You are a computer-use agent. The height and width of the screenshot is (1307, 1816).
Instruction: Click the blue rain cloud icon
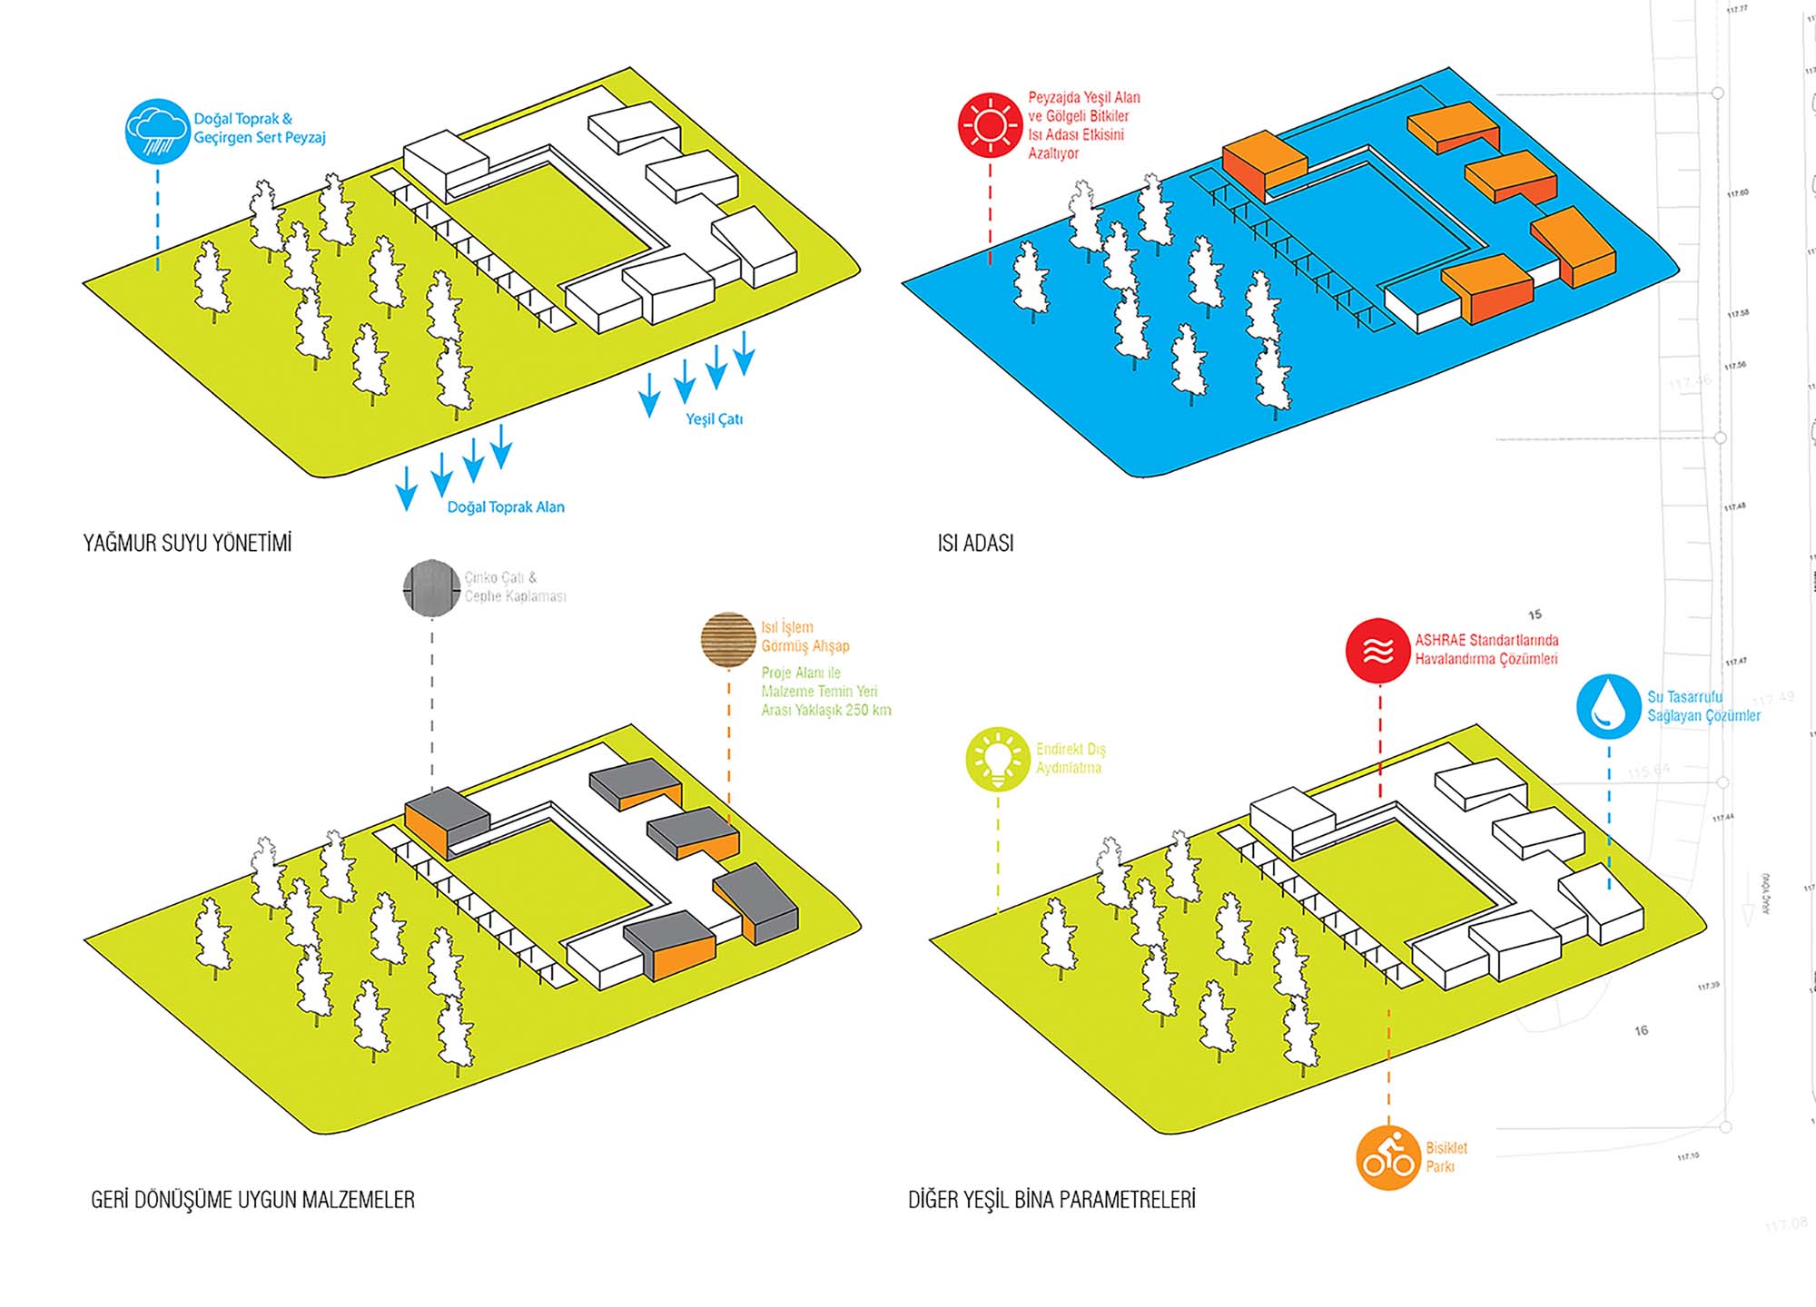(157, 131)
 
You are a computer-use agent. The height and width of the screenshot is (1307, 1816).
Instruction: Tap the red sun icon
(990, 125)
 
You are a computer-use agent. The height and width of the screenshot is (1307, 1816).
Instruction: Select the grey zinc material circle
(431, 588)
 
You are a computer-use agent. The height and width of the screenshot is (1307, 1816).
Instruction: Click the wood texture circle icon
(728, 639)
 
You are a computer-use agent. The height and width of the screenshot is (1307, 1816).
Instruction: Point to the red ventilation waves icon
(1377, 650)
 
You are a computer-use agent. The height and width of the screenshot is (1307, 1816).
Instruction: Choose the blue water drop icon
(1608, 705)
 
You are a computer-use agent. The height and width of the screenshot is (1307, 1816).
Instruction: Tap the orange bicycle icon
(1387, 1158)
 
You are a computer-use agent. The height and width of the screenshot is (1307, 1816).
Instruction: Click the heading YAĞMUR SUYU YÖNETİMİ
(187, 543)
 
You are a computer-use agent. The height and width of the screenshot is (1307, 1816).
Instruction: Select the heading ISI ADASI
(975, 543)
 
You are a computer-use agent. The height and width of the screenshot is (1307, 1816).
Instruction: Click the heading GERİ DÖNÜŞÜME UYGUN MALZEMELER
(252, 1200)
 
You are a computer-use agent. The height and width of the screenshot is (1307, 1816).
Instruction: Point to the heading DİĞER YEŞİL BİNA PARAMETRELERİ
(1051, 1200)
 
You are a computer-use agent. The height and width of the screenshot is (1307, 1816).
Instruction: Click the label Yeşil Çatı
(714, 419)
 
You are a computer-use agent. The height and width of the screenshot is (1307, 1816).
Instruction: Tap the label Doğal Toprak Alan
(506, 507)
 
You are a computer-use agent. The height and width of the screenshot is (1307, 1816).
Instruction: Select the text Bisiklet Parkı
(1446, 1157)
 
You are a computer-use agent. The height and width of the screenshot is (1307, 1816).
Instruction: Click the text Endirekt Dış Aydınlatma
(1071, 759)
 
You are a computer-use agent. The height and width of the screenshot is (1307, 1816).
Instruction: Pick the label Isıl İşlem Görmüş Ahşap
(804, 636)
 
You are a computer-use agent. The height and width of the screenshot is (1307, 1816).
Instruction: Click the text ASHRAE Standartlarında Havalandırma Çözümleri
(1485, 649)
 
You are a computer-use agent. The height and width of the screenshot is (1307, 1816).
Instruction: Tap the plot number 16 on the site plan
(1641, 1030)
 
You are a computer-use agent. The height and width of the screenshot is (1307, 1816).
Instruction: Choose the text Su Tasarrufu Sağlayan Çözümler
(1702, 706)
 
